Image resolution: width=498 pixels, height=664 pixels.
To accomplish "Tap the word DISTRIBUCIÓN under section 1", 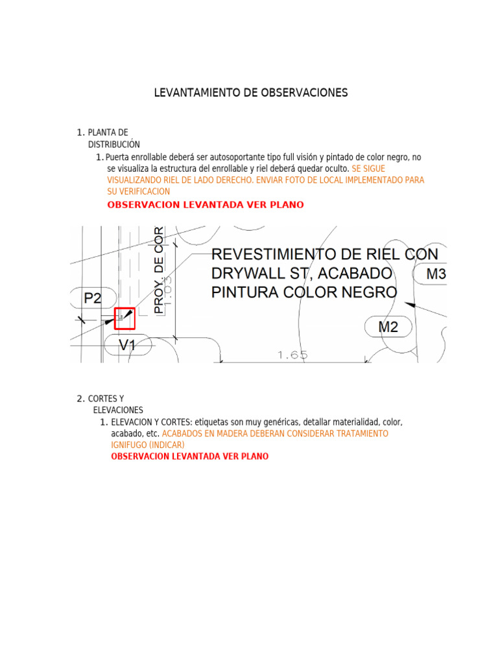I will click(x=114, y=144).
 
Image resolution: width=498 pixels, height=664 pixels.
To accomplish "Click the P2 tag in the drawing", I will click(x=93, y=298).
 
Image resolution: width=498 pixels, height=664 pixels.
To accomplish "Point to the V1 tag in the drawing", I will click(x=128, y=346).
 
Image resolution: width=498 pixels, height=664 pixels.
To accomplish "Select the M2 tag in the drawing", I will click(x=388, y=327).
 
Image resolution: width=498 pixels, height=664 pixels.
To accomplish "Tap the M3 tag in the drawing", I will click(x=436, y=274).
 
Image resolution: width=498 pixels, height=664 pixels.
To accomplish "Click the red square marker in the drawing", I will click(x=124, y=318).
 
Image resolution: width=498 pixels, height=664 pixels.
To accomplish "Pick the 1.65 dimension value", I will click(x=292, y=355).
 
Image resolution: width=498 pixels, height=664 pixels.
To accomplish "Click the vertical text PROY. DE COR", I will click(x=159, y=270).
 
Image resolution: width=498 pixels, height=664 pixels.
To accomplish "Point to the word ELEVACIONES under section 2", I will click(x=118, y=410).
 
